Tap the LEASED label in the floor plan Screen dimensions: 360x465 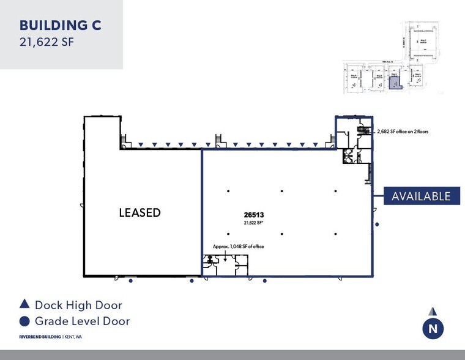point(139,212)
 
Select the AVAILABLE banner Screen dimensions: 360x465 point(422,196)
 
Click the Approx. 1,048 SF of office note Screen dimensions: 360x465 point(238,246)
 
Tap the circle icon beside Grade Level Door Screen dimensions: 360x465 point(24,321)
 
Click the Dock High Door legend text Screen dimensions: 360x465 point(78,304)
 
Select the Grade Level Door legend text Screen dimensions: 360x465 point(82,321)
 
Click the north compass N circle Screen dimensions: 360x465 point(433,329)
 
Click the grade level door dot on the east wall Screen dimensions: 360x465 point(377,225)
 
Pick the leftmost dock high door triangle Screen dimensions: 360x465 point(141,145)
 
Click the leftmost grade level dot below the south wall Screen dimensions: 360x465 point(131,282)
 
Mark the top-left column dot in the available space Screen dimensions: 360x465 point(228,190)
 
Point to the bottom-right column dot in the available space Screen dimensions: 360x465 point(335,234)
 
